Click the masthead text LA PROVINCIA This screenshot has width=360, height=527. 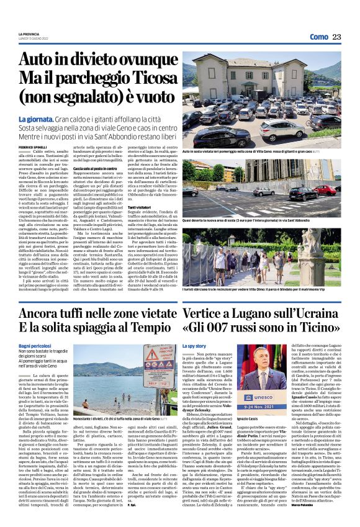click(x=30, y=34)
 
